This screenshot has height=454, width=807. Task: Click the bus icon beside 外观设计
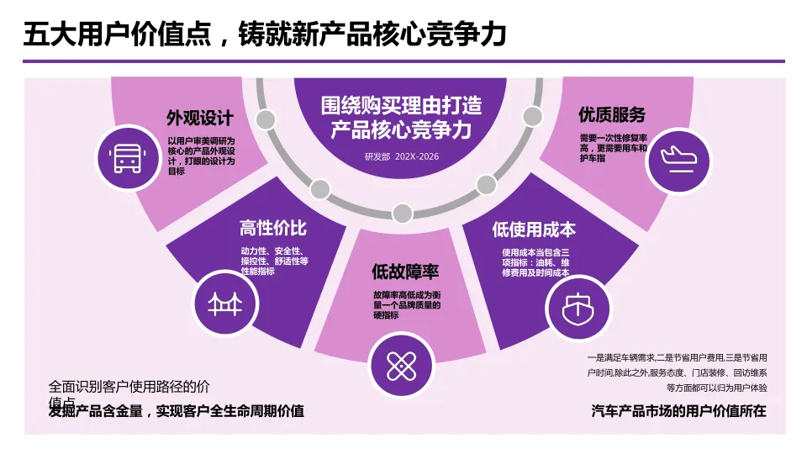point(127,157)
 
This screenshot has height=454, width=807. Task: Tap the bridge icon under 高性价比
point(224,303)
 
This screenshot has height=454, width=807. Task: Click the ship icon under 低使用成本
point(577,304)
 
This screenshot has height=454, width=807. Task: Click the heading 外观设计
point(200,118)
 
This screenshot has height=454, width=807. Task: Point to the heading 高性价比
point(273,229)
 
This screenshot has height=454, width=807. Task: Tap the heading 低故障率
point(405,272)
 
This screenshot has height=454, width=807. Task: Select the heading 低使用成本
point(534,229)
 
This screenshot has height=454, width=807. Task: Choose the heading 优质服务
point(611,115)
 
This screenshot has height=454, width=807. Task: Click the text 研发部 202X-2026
point(402,156)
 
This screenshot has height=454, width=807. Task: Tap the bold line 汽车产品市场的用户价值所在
point(679,412)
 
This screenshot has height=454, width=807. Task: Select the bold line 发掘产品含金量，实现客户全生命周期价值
point(177,411)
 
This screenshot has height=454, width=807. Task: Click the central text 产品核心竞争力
point(402,129)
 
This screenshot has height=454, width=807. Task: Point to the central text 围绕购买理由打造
point(402,105)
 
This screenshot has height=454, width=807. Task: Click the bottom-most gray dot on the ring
point(403,213)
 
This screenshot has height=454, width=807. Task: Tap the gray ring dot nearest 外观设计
point(266,119)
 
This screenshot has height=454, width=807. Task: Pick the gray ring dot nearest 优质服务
point(532,116)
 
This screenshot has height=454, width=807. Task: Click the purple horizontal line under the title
point(403,61)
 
